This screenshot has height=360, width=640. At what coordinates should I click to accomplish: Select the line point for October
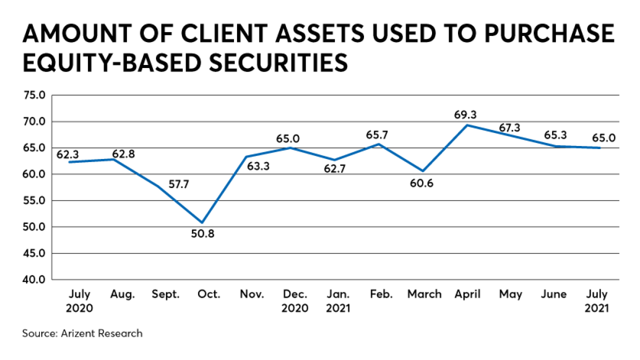pos(202,222)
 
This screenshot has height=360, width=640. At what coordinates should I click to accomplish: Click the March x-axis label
pos(424,294)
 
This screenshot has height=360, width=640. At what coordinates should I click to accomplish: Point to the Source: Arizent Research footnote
pos(82,333)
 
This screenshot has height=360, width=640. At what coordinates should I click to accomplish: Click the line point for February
pos(378,144)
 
